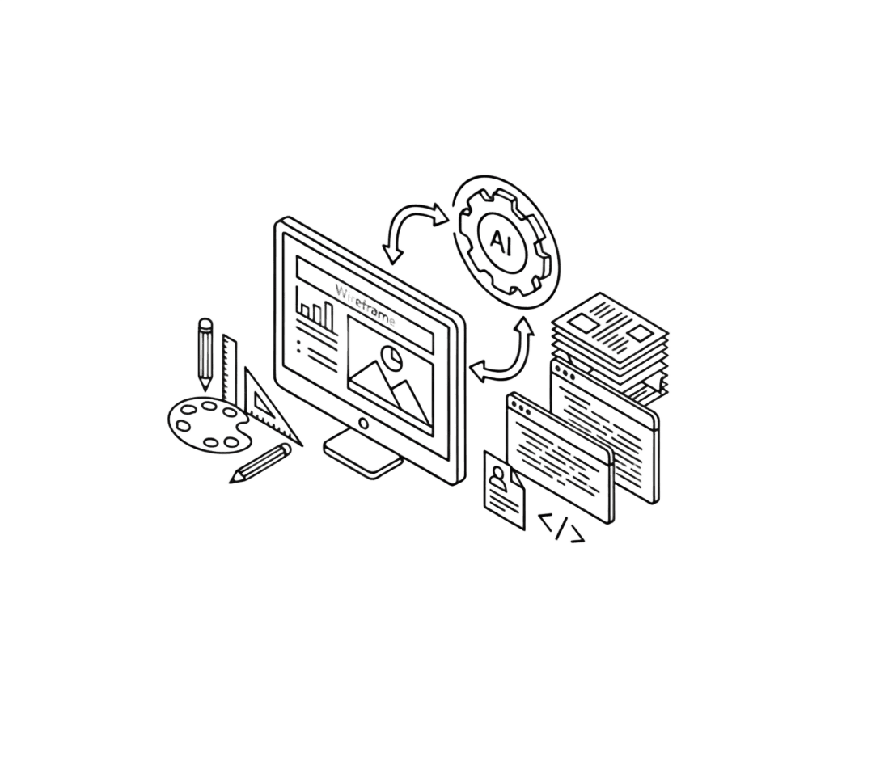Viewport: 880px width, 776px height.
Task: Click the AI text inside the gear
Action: point(501,241)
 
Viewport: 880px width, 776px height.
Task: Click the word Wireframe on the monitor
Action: point(366,306)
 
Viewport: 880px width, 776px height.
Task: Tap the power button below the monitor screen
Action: point(364,424)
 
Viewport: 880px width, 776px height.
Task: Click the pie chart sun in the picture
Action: point(391,357)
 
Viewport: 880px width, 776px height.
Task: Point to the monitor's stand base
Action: point(364,455)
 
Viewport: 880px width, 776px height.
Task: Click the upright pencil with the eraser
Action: point(205,354)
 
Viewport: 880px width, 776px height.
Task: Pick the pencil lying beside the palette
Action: point(261,463)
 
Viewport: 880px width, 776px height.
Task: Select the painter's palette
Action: point(209,425)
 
